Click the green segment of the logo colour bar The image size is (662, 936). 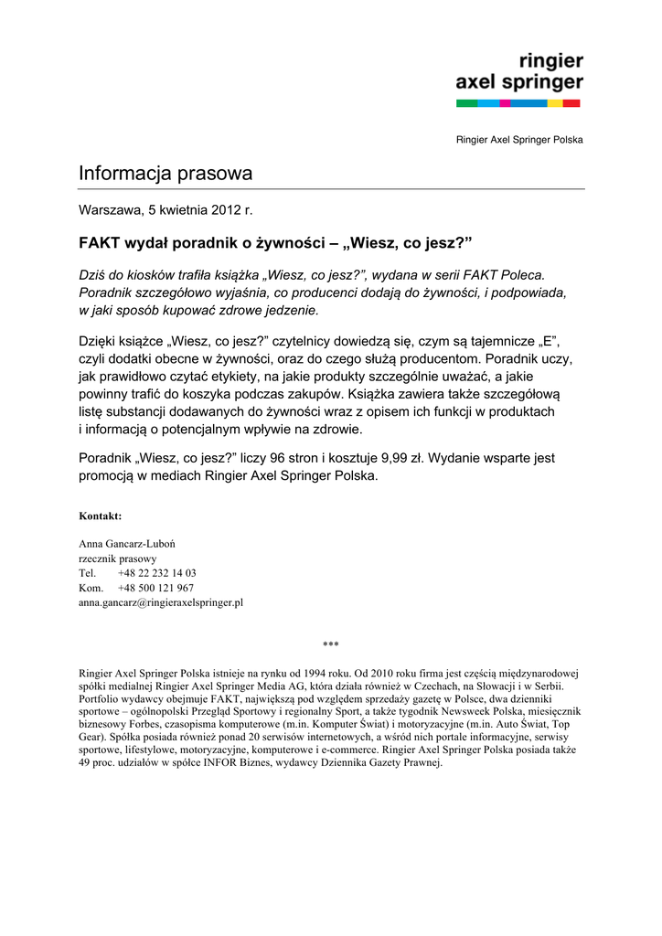[467, 104]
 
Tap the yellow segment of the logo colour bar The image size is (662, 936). [554, 104]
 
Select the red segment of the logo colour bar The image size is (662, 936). [572, 104]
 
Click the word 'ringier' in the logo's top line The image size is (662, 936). [551, 63]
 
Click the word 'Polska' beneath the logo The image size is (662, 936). [567, 140]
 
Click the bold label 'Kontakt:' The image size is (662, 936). [101, 516]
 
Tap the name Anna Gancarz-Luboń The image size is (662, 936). [128, 544]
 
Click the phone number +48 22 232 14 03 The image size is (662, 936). [157, 573]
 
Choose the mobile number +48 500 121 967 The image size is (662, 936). [155, 588]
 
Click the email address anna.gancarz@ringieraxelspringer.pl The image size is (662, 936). [161, 602]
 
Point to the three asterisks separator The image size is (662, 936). [331, 644]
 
